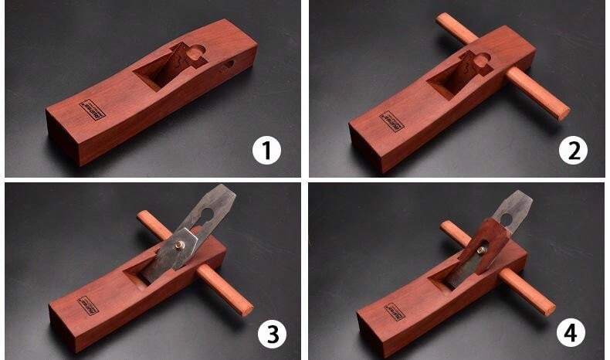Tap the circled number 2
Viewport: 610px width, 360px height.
pos(572,151)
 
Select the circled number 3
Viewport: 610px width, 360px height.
pos(271,334)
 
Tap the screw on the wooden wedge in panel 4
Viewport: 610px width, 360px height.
pos(480,248)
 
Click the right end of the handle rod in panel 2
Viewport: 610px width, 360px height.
pos(564,110)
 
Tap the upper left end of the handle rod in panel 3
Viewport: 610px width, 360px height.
pos(143,217)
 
